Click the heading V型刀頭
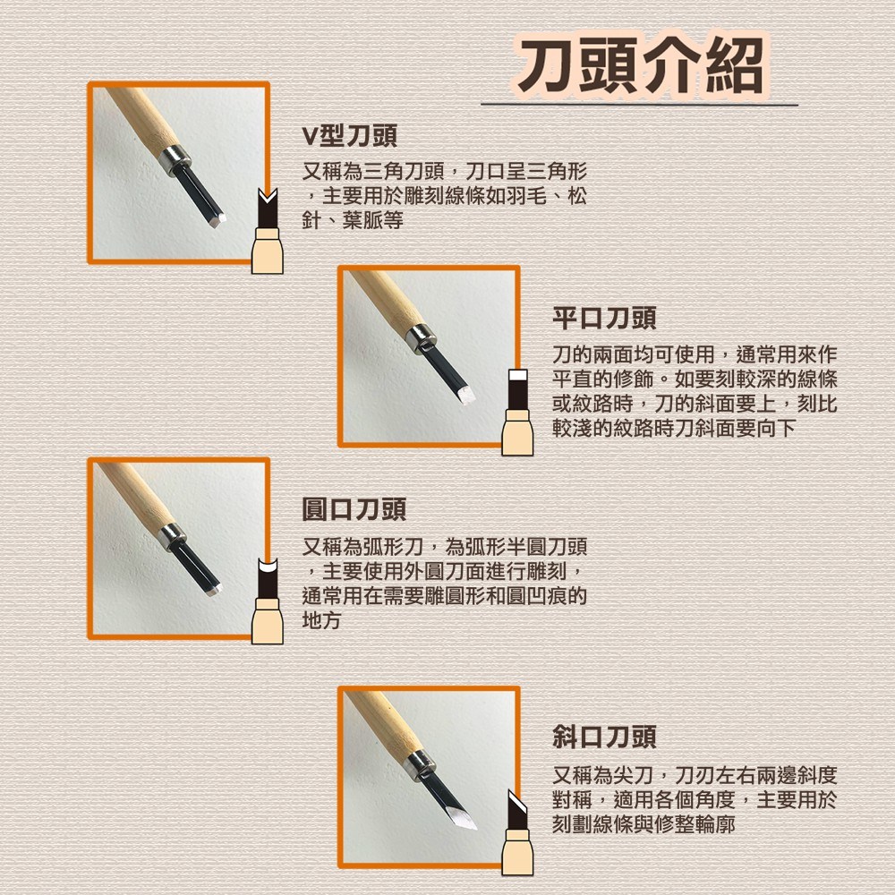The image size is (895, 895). [349, 136]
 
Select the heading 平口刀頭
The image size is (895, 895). [604, 319]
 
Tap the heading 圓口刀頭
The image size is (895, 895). [354, 509]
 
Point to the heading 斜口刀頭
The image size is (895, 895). [604, 737]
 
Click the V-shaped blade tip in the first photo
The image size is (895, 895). [217, 220]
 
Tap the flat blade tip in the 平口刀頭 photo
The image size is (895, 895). [466, 395]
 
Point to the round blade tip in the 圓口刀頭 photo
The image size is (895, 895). [214, 590]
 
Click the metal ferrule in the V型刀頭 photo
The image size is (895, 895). [175, 160]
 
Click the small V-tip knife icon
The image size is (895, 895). [267, 231]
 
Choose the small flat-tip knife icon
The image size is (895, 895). [517, 412]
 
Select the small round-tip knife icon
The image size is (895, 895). [267, 601]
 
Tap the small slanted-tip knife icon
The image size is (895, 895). [517, 832]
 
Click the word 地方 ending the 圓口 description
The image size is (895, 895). [321, 620]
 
